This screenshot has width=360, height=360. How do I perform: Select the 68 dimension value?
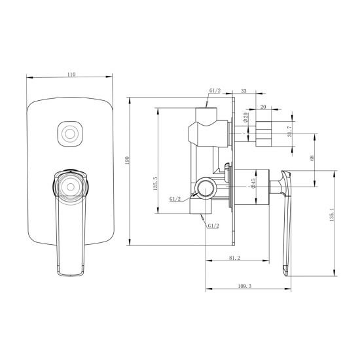(x=312, y=158)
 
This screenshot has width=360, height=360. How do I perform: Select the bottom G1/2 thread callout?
(x=213, y=226)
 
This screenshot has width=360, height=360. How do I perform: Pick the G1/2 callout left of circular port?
(x=176, y=198)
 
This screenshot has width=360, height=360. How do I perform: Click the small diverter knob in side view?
(x=263, y=134)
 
